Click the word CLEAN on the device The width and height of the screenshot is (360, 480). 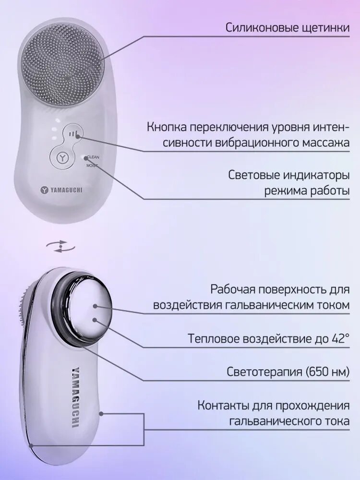93,157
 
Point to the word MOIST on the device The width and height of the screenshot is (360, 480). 92,165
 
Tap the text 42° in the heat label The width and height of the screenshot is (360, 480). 340,338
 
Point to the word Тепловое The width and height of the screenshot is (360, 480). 211,338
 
